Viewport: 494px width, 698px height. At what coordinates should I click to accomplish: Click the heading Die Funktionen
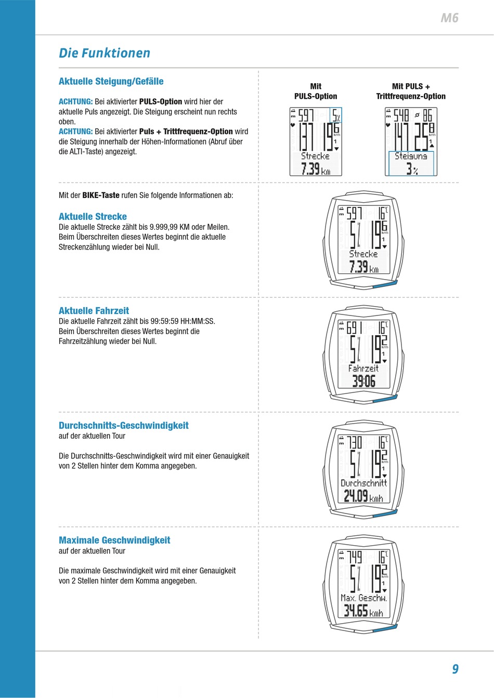[105, 53]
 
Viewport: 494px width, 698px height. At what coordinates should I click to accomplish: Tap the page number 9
[455, 669]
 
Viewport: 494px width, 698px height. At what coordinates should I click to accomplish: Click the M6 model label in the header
[449, 18]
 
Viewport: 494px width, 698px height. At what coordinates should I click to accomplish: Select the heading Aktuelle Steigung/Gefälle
[111, 81]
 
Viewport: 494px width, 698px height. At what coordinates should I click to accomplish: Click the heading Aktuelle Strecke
[93, 216]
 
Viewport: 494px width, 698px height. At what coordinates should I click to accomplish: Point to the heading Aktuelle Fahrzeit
[94, 310]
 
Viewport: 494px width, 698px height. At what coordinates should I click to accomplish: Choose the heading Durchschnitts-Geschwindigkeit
[124, 425]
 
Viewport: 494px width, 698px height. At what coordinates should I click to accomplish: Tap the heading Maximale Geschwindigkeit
[114, 540]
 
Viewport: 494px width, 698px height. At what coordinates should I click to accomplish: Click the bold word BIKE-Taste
[101, 195]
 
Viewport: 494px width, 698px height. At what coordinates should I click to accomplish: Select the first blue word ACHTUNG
[76, 101]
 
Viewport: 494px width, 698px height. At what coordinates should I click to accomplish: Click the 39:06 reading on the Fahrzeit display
[363, 381]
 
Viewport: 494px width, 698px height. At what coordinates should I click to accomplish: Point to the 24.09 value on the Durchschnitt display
[356, 496]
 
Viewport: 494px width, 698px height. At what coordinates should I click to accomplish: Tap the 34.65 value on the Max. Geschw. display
[356, 611]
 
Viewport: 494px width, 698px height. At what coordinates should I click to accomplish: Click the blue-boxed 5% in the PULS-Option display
[336, 115]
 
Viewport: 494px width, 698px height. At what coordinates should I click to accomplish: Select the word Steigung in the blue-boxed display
[411, 156]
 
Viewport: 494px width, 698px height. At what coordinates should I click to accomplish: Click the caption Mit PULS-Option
[316, 91]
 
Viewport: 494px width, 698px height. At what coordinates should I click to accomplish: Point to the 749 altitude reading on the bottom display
[354, 557]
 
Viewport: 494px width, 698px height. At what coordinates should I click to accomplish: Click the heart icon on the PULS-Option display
[293, 125]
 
